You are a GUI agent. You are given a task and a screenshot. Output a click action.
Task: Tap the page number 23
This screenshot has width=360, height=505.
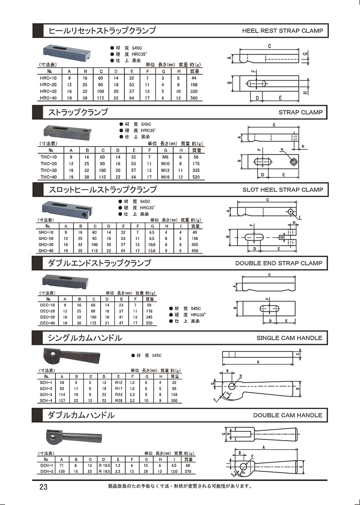click(x=43, y=487)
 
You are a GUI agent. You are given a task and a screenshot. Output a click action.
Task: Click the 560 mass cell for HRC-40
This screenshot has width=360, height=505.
click(x=194, y=98)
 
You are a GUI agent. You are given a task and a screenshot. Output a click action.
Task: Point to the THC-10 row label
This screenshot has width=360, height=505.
click(x=49, y=157)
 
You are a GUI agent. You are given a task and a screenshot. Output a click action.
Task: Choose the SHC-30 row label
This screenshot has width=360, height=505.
click(x=46, y=244)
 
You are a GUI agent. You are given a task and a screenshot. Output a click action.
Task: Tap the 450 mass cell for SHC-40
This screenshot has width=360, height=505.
click(x=195, y=251)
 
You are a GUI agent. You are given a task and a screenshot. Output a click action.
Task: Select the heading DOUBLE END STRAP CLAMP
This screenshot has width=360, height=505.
click(x=278, y=263)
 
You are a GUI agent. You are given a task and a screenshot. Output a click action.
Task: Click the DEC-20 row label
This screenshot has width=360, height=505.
click(x=48, y=311)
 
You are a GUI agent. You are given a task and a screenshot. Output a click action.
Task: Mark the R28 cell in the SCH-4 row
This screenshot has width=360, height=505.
click(x=119, y=400)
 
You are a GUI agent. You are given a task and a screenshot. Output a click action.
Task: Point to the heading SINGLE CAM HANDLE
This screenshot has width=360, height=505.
click(x=289, y=338)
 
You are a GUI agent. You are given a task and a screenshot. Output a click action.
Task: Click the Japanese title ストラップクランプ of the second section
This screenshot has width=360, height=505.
click(x=78, y=112)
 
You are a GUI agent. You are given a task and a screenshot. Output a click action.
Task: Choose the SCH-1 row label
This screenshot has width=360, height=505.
click(x=47, y=382)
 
